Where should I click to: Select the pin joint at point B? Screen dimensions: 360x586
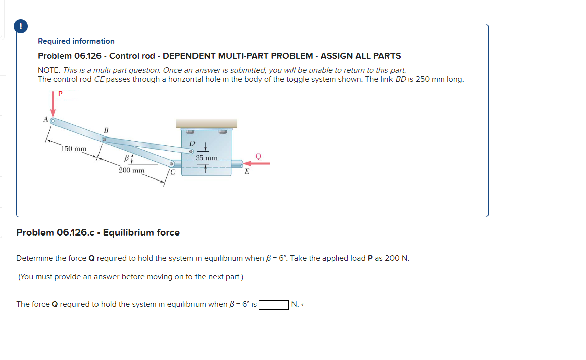coord(105,139)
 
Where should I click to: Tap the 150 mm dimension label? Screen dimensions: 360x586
coord(74,149)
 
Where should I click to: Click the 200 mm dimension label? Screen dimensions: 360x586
coord(132,170)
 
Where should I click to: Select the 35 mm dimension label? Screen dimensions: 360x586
coord(207,158)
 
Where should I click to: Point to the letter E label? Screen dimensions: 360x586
coord(247,172)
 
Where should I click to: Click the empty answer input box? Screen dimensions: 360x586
coord(273,304)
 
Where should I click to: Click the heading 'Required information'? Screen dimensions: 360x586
coord(76,41)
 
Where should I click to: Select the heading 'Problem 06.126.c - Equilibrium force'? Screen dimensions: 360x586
coord(98,232)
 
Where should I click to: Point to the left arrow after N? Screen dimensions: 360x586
coord(304,304)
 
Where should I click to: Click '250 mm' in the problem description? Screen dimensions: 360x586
coord(430,79)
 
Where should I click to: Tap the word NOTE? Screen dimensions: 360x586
coord(49,70)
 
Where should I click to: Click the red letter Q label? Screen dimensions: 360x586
coord(259,156)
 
